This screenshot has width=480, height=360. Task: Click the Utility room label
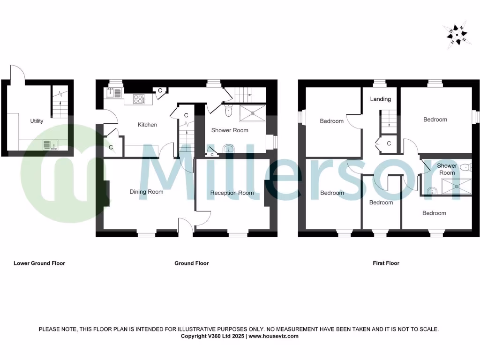[x=37, y=121]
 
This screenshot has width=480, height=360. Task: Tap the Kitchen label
[x=147, y=125]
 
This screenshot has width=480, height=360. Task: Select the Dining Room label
[x=146, y=192]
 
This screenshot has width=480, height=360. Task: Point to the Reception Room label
[x=232, y=193]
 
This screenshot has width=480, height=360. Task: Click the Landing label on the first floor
[x=380, y=99]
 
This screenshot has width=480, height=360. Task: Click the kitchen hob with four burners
[x=139, y=99]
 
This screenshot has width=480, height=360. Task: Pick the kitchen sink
[x=113, y=93]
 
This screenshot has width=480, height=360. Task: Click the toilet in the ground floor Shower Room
[x=229, y=111]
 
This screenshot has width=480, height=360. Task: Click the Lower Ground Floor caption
[x=39, y=263]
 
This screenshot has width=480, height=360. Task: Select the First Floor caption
[x=386, y=263]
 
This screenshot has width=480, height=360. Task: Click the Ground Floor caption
[x=192, y=263]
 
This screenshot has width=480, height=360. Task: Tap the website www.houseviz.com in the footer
[x=273, y=336]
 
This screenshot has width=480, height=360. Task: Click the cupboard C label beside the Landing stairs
[x=390, y=143]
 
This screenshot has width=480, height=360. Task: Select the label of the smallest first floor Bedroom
[x=381, y=202]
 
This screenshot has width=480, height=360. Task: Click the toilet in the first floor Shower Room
[x=465, y=168]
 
